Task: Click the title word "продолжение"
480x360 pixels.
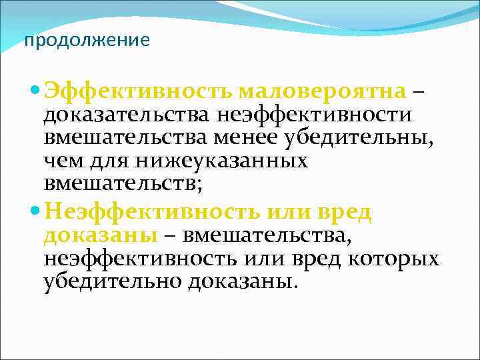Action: tap(87, 41)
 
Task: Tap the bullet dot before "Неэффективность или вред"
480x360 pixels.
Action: tap(35, 213)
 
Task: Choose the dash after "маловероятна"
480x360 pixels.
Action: tap(417, 91)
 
